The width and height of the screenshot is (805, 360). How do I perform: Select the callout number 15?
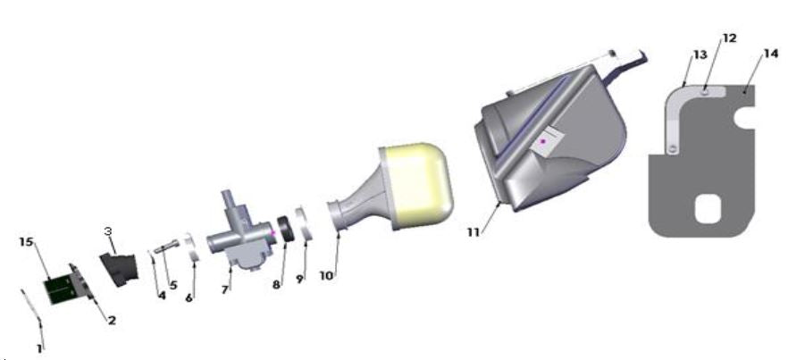point(26,242)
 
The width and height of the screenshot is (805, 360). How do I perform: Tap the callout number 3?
point(107,231)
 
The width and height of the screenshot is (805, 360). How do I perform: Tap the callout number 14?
point(770,54)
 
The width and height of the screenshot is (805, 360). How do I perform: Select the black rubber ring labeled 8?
point(287,230)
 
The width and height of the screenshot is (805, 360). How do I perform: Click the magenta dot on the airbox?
point(542,142)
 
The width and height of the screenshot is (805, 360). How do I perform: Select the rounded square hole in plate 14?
point(708,208)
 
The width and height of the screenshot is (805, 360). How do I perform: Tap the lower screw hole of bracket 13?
point(670,149)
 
